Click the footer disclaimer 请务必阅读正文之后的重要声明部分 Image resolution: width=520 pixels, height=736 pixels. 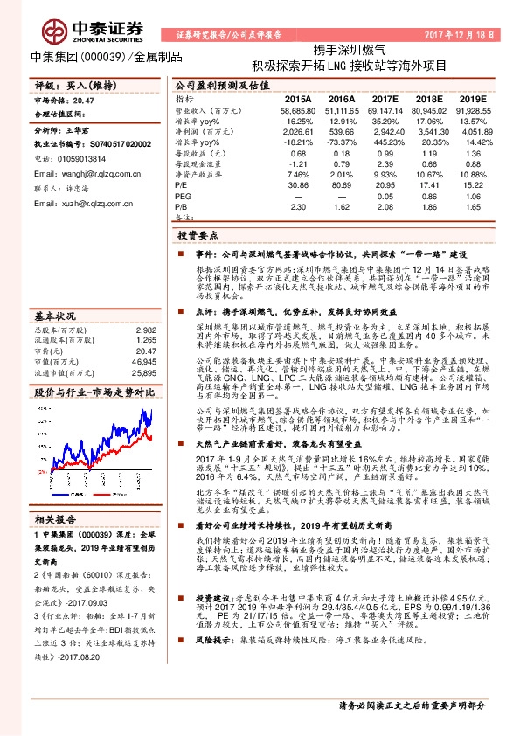[x=411, y=705]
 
